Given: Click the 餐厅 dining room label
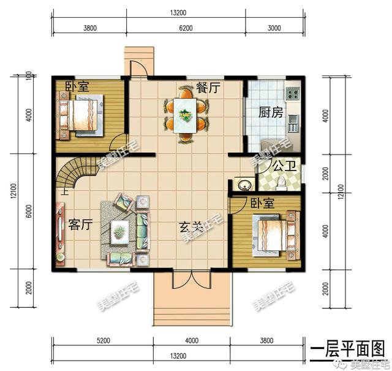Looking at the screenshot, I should click(x=208, y=88).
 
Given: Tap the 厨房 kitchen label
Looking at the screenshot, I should click(x=271, y=113).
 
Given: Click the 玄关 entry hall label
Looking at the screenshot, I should click(x=191, y=227).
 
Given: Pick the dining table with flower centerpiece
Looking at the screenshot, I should click(x=184, y=115).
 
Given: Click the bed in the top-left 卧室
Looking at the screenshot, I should click(x=80, y=117).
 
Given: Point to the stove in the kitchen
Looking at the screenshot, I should click(x=292, y=93).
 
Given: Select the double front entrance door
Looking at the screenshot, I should click(x=190, y=279).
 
